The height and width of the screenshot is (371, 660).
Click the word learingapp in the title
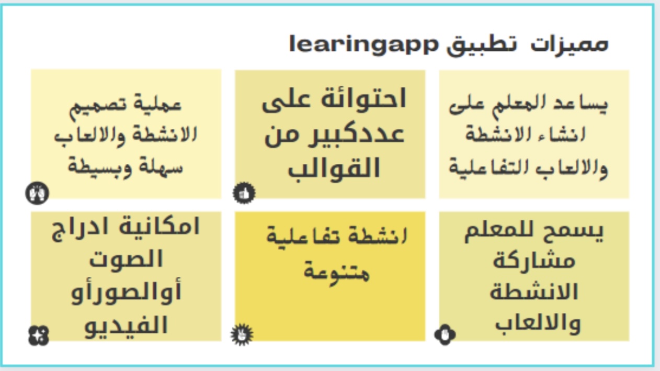[x=364, y=45]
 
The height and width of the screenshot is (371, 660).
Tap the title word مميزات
[x=569, y=45]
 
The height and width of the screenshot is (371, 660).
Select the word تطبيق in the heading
[x=482, y=46]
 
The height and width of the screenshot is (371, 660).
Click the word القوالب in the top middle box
[x=334, y=168]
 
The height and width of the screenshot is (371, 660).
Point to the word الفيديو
[x=126, y=325]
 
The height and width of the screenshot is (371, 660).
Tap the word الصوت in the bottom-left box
[x=126, y=259]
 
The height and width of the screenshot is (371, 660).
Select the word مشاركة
[x=534, y=261]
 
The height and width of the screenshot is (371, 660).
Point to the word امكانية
[x=159, y=227]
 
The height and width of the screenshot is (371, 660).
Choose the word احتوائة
[x=363, y=99]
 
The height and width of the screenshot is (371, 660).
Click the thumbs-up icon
[x=244, y=193]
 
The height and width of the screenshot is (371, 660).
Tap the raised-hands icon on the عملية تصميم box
[x=37, y=193]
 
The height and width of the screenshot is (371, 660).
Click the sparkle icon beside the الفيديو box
[x=38, y=335]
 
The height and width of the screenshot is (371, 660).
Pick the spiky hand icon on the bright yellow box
[x=242, y=335]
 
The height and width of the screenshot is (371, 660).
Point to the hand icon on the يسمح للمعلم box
[x=445, y=335]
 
